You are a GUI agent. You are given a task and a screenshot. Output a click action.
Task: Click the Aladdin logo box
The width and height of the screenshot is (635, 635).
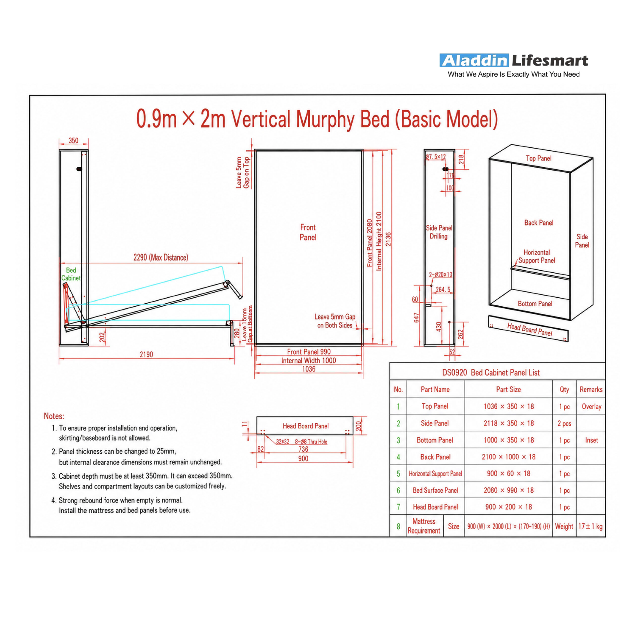pyautogui.click(x=474, y=61)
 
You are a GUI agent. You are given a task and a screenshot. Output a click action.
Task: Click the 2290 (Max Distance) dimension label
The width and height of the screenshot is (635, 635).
pyautogui.click(x=161, y=257)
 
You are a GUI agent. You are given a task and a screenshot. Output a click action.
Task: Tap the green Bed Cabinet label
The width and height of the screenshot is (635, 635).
pyautogui.click(x=71, y=274)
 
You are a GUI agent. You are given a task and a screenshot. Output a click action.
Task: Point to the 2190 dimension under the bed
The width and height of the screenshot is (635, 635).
pyautogui.click(x=146, y=354)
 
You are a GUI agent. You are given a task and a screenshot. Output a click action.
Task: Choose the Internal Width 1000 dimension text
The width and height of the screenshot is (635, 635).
pyautogui.click(x=309, y=361)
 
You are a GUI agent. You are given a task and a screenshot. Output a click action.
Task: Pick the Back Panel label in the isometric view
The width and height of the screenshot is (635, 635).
pyautogui.click(x=539, y=222)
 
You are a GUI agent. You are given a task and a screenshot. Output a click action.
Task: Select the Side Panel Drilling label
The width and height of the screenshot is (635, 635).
pyautogui.click(x=439, y=232)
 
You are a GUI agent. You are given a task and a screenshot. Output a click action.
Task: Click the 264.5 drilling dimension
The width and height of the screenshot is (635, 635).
pyautogui.click(x=443, y=289)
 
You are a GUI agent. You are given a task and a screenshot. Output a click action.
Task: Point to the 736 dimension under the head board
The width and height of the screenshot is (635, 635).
pyautogui.click(x=303, y=449)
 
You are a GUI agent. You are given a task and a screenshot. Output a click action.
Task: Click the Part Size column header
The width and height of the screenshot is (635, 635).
pyautogui.click(x=508, y=389)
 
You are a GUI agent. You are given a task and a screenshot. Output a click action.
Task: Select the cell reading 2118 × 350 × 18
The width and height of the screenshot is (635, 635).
pyautogui.click(x=508, y=423)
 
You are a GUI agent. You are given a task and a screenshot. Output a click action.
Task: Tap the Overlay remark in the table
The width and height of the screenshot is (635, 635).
pyautogui.click(x=591, y=407)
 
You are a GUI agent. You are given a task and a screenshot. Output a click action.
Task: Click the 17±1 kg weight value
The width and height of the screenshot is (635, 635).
pyautogui.click(x=590, y=526)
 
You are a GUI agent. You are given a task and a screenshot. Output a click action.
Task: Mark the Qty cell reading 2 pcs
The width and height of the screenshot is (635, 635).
pyautogui.click(x=564, y=423)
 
